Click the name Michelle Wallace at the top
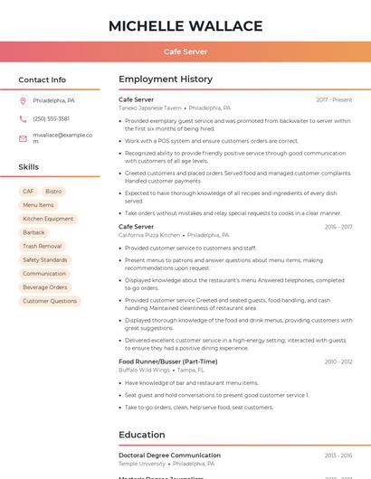pyautogui.click(x=185, y=25)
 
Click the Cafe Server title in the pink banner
pyautogui.click(x=185, y=52)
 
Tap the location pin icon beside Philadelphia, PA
pyautogui.click(x=23, y=100)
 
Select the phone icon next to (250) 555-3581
pyautogui.click(x=23, y=118)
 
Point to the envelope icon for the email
pyautogui.click(x=23, y=138)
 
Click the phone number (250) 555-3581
pyautogui.click(x=51, y=118)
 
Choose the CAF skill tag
pyautogui.click(x=28, y=192)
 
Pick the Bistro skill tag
pyautogui.click(x=53, y=192)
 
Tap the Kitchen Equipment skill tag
pyautogui.click(x=48, y=219)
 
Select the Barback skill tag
pyautogui.click(x=33, y=232)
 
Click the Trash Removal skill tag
pyautogui.click(x=42, y=246)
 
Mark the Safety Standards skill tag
pyautogui.click(x=44, y=259)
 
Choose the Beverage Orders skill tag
pyautogui.click(x=44, y=287)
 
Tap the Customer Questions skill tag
pyautogui.click(x=50, y=301)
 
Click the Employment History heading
pyautogui.click(x=166, y=80)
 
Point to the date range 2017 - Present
pyautogui.click(x=334, y=99)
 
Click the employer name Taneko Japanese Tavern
pyautogui.click(x=150, y=108)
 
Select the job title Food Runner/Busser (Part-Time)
pyautogui.click(x=167, y=362)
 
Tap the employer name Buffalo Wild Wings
pyautogui.click(x=144, y=370)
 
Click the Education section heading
pyautogui.click(x=142, y=435)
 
